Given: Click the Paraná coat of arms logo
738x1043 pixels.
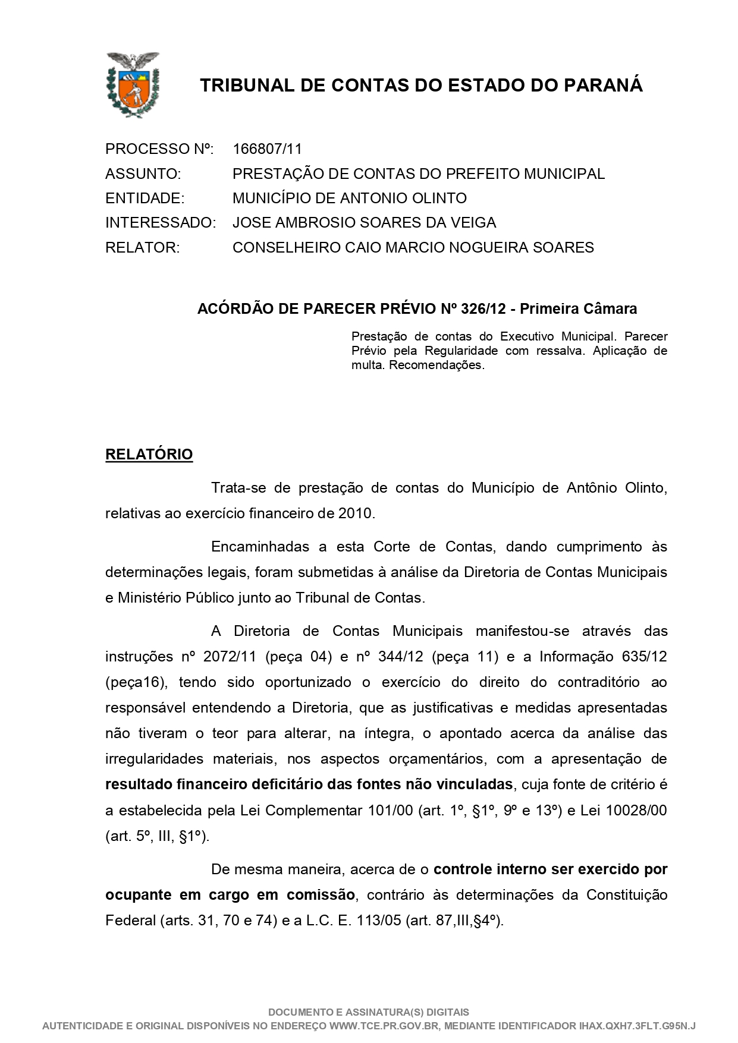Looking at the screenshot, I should [x=133, y=84].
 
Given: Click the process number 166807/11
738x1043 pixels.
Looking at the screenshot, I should [x=267, y=149].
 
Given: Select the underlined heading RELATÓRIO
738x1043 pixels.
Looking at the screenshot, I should [x=149, y=455].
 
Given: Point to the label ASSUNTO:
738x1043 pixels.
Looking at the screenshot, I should [x=143, y=174].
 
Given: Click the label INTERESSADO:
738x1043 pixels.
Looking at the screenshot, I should [x=160, y=223].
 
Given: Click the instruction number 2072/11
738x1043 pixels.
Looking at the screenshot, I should [x=230, y=657].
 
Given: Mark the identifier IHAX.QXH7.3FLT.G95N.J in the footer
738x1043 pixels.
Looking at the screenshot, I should [x=637, y=1026].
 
